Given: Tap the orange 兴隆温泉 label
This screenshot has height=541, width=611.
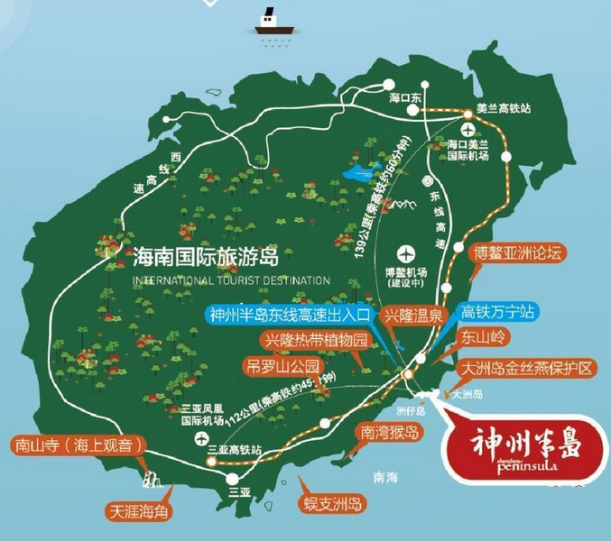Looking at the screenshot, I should pyautogui.click(x=412, y=316).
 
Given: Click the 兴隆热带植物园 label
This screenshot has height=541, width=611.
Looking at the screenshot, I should pyautogui.click(x=317, y=342).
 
